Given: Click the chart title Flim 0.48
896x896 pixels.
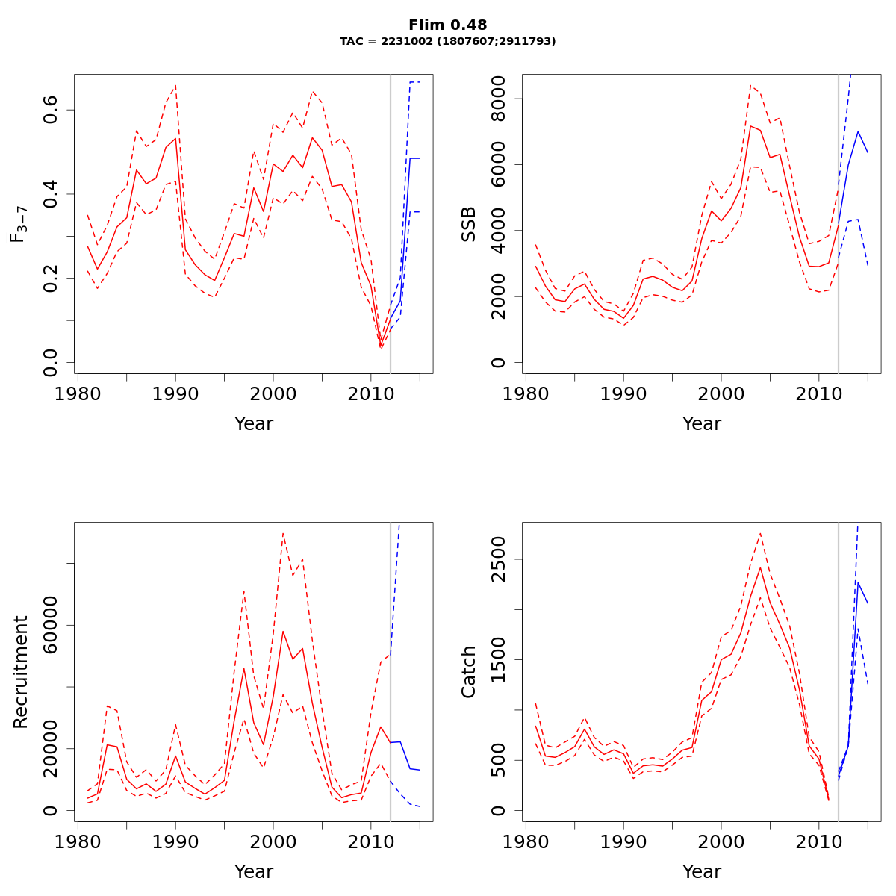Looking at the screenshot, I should [448, 25].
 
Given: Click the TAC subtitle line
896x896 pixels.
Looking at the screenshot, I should [448, 42].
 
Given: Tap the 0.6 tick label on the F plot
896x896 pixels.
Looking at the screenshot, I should [50, 110].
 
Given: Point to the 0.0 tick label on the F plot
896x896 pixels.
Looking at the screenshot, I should [50, 362].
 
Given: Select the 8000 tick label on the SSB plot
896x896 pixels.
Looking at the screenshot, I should [498, 99].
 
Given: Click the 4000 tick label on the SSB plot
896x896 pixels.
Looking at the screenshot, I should [498, 231].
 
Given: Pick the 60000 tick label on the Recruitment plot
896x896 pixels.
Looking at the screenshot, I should [50, 625].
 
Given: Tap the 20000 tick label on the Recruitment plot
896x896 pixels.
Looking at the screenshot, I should [50, 749].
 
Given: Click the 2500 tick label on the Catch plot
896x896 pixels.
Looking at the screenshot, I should [498, 559].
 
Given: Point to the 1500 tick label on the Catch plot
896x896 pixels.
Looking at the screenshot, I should [498, 660].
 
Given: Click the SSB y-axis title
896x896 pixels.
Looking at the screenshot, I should [469, 224].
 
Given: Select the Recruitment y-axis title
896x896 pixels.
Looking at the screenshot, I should [21, 672].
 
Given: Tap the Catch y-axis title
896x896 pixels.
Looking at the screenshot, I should [469, 672].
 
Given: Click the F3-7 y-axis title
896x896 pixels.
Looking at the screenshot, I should [18, 224].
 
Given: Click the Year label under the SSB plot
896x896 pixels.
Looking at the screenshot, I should [702, 424].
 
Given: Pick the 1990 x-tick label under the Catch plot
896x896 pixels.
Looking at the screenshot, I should [623, 841].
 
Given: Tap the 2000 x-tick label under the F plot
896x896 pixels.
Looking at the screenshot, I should [273, 393].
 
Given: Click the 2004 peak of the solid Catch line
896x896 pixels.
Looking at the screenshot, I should [760, 567].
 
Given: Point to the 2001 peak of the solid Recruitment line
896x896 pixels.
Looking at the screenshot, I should [283, 632].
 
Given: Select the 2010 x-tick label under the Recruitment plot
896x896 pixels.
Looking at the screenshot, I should [371, 841].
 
